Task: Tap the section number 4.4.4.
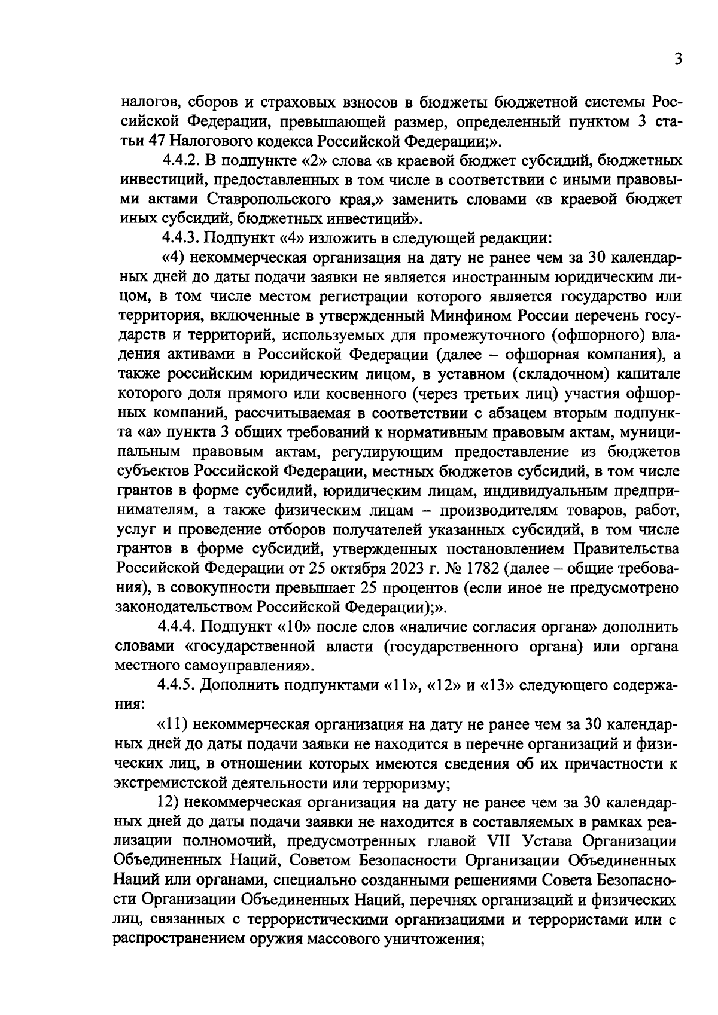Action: pos(178,627)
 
